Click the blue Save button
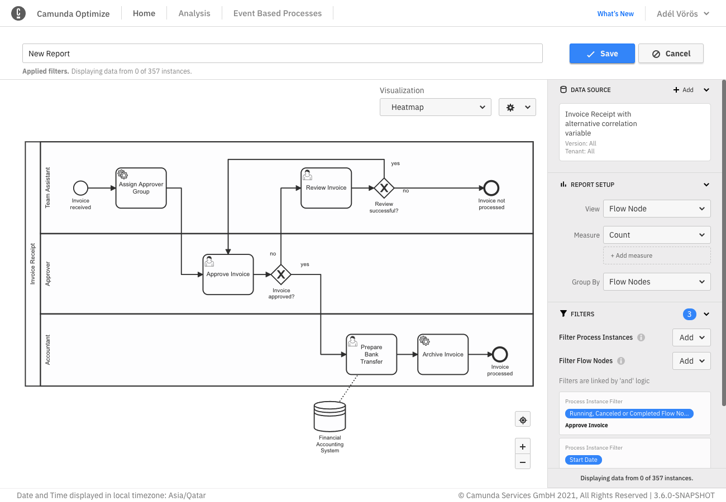pyautogui.click(x=602, y=54)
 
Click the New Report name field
pyautogui.click(x=282, y=54)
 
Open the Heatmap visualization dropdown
pyautogui.click(x=435, y=107)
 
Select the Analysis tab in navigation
pyautogui.click(x=194, y=13)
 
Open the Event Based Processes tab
pyautogui.click(x=278, y=13)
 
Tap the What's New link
pyautogui.click(x=615, y=14)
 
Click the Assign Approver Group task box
pyautogui.click(x=141, y=188)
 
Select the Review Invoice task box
pyautogui.click(x=326, y=188)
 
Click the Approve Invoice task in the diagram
pyautogui.click(x=228, y=274)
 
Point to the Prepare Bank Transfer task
pyautogui.click(x=371, y=354)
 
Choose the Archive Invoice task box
pyautogui.click(x=443, y=354)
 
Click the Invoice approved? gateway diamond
pyautogui.click(x=281, y=274)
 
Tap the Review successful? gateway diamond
pyautogui.click(x=384, y=188)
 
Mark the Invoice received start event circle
pyautogui.click(x=80, y=188)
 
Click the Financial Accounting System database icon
pyautogui.click(x=329, y=416)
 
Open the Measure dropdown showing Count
pyautogui.click(x=656, y=235)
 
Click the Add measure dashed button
pyautogui.click(x=656, y=255)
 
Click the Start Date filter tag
pyautogui.click(x=583, y=460)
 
